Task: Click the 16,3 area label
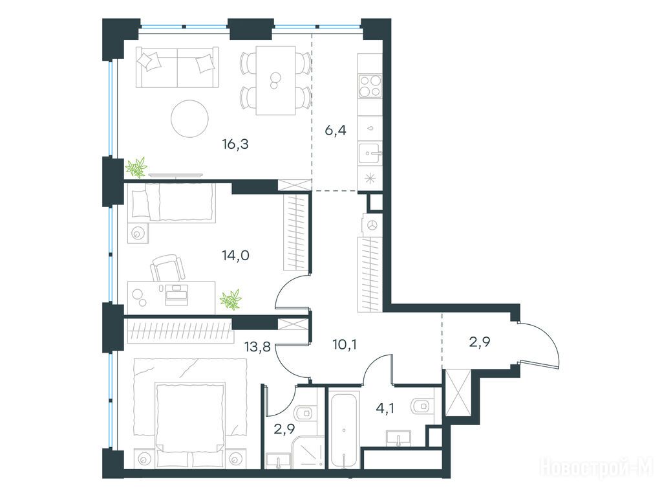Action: [x=235, y=144]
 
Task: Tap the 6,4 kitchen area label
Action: [x=336, y=131]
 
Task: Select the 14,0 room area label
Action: [x=235, y=255]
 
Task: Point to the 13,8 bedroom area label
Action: [x=257, y=348]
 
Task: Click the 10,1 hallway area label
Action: [x=345, y=345]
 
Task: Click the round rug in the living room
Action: [x=190, y=118]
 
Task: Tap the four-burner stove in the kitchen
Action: [x=370, y=86]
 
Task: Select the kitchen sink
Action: [x=370, y=153]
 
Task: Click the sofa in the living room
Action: [x=177, y=67]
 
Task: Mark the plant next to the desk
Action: [x=231, y=300]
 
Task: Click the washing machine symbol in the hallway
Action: [x=372, y=225]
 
